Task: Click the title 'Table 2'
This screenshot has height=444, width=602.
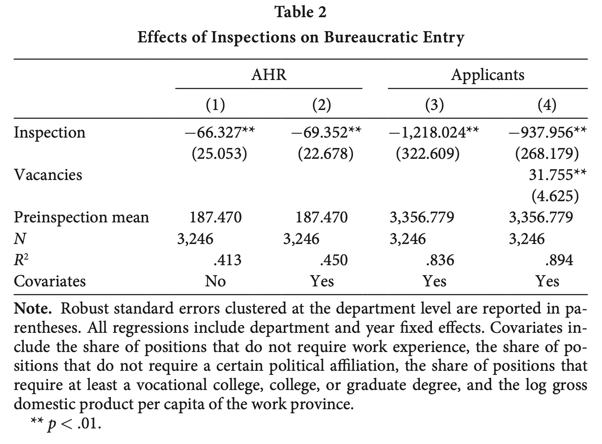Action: pyautogui.click(x=301, y=12)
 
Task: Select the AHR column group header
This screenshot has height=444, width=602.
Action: pyautogui.click(x=269, y=74)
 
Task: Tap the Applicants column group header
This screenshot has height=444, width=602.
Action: pyautogui.click(x=488, y=75)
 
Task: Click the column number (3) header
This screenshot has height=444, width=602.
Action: pyautogui.click(x=435, y=105)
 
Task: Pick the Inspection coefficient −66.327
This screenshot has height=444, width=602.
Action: pyautogui.click(x=220, y=133)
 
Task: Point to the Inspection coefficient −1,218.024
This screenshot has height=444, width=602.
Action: pyautogui.click(x=434, y=133)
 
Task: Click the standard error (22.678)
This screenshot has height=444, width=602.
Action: pyautogui.click(x=326, y=154)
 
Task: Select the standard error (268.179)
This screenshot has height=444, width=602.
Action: pyautogui.click(x=547, y=154)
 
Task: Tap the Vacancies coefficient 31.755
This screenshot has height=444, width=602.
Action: pyautogui.click(x=558, y=175)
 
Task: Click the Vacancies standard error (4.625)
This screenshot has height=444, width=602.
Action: pyautogui.click(x=555, y=196)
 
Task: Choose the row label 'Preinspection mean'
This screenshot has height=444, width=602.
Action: pyautogui.click(x=81, y=218)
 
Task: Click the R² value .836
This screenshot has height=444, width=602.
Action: pyautogui.click(x=440, y=260)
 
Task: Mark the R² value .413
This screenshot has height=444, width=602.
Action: pyautogui.click(x=227, y=260)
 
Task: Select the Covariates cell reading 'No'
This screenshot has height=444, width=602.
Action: pyautogui.click(x=215, y=281)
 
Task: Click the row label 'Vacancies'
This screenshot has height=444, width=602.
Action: pyautogui.click(x=48, y=175)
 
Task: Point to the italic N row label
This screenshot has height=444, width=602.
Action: pyautogui.click(x=20, y=239)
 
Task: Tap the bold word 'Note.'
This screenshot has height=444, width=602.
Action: pyautogui.click(x=33, y=309)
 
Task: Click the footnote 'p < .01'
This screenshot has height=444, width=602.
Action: pyautogui.click(x=74, y=424)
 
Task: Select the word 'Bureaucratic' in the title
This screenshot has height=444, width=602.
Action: pyautogui.click(x=370, y=38)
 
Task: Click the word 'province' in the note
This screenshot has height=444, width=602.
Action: pyautogui.click(x=322, y=405)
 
